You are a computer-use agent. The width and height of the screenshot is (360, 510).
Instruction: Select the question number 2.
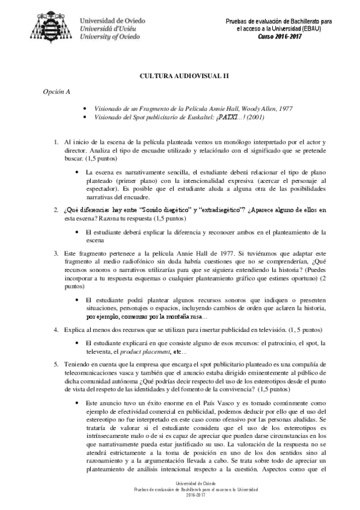click(55, 209)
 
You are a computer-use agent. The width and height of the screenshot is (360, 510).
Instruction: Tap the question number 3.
click(55, 253)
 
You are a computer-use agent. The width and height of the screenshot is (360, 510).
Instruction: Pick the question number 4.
click(55, 330)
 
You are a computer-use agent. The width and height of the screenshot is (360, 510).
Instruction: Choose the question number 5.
click(55, 364)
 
